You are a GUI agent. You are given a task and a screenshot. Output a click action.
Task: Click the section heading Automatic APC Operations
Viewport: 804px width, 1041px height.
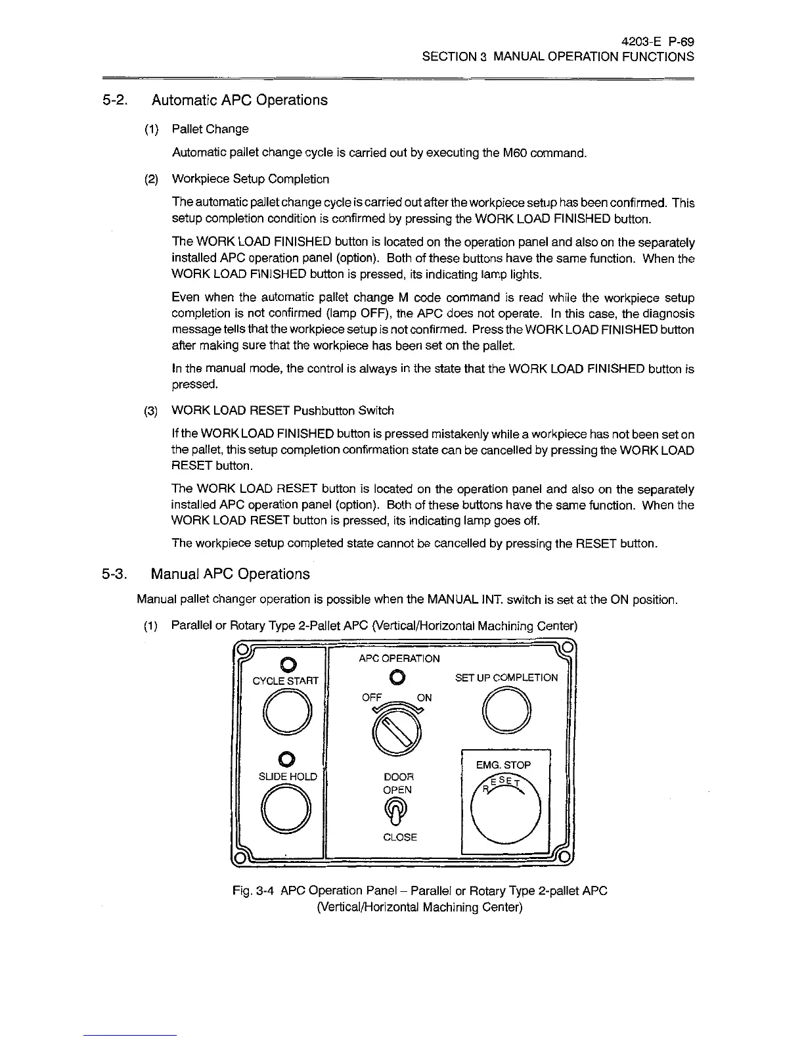239,100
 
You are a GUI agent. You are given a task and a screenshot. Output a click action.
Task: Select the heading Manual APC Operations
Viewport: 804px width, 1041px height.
230,574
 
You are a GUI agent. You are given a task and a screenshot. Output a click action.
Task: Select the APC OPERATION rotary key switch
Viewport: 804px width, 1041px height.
397,732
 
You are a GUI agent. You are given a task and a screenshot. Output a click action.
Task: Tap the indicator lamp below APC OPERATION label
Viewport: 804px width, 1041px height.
397,677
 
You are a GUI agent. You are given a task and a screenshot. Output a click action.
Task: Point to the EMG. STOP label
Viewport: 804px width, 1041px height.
504,765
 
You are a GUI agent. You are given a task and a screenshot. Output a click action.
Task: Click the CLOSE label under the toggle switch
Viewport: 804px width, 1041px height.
399,837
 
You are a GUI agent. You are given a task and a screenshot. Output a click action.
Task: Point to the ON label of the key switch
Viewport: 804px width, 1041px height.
424,698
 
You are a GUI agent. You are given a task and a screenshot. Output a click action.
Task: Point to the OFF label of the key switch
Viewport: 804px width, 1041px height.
372,698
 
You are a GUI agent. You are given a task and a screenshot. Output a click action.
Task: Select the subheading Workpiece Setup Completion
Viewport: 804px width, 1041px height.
250,179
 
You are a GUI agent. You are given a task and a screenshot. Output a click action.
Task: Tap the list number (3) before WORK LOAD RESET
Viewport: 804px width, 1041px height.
151,411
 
